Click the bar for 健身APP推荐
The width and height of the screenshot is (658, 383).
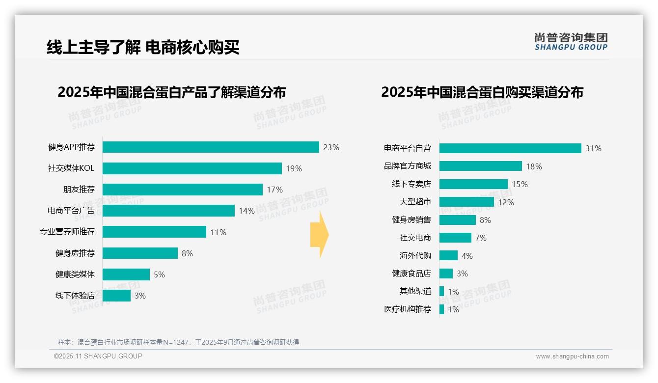coord(211,147)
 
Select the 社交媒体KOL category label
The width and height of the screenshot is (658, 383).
coord(71,168)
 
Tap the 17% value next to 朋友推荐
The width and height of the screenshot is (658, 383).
coord(274,190)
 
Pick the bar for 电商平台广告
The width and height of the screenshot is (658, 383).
coord(168,211)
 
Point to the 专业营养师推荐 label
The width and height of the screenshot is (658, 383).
coord(67,232)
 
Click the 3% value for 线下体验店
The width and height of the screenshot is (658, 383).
coord(140,296)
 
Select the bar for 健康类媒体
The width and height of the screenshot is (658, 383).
coord(126,274)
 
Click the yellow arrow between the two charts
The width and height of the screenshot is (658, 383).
coord(319,235)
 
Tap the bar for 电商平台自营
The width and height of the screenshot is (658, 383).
coord(510,148)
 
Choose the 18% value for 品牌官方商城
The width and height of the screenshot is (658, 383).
coord(534,166)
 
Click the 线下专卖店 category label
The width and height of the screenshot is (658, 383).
coord(411,184)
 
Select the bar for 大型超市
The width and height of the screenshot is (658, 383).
coord(466,202)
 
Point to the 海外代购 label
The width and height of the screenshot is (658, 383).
coord(415,256)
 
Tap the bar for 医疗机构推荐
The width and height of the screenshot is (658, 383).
coord(441,309)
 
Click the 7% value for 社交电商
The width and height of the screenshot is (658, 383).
coord(481,238)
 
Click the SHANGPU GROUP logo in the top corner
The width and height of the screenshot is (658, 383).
coord(571,42)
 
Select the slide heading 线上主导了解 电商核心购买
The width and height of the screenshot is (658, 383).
coord(143,48)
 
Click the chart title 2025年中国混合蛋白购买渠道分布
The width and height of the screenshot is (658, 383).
coord(482,92)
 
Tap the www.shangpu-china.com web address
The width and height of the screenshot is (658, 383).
coord(572,356)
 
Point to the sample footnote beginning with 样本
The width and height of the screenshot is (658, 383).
coord(178,342)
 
